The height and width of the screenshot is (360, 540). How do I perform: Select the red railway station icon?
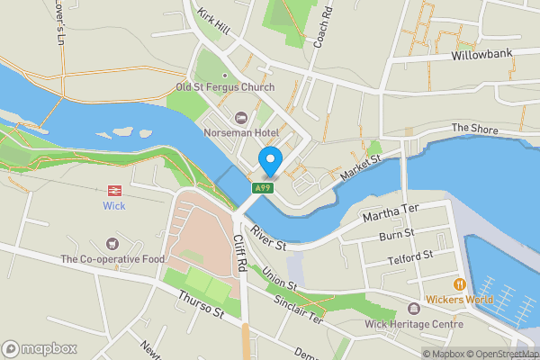[114, 190]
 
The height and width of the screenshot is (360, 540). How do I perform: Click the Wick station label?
[114, 206]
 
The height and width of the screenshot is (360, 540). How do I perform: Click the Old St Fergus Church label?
[225, 87]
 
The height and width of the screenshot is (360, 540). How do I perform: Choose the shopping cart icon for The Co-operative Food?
[112, 244]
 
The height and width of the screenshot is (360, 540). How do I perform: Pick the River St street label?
[269, 238]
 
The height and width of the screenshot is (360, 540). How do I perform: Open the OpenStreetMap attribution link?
[502, 354]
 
